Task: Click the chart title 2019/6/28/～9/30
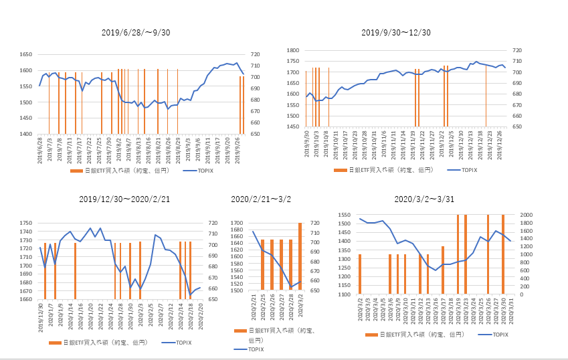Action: tap(136, 32)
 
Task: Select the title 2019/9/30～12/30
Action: tap(395, 32)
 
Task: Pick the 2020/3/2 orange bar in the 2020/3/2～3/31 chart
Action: tap(360, 274)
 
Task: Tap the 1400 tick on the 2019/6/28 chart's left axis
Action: tap(27, 134)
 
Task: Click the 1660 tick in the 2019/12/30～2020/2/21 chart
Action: tap(27, 299)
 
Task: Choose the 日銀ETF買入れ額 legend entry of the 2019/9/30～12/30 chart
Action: tap(389, 171)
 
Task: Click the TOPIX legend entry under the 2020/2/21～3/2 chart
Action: tap(254, 349)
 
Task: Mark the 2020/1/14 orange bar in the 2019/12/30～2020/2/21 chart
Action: tap(75, 271)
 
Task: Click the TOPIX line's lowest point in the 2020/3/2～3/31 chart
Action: tap(436, 270)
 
